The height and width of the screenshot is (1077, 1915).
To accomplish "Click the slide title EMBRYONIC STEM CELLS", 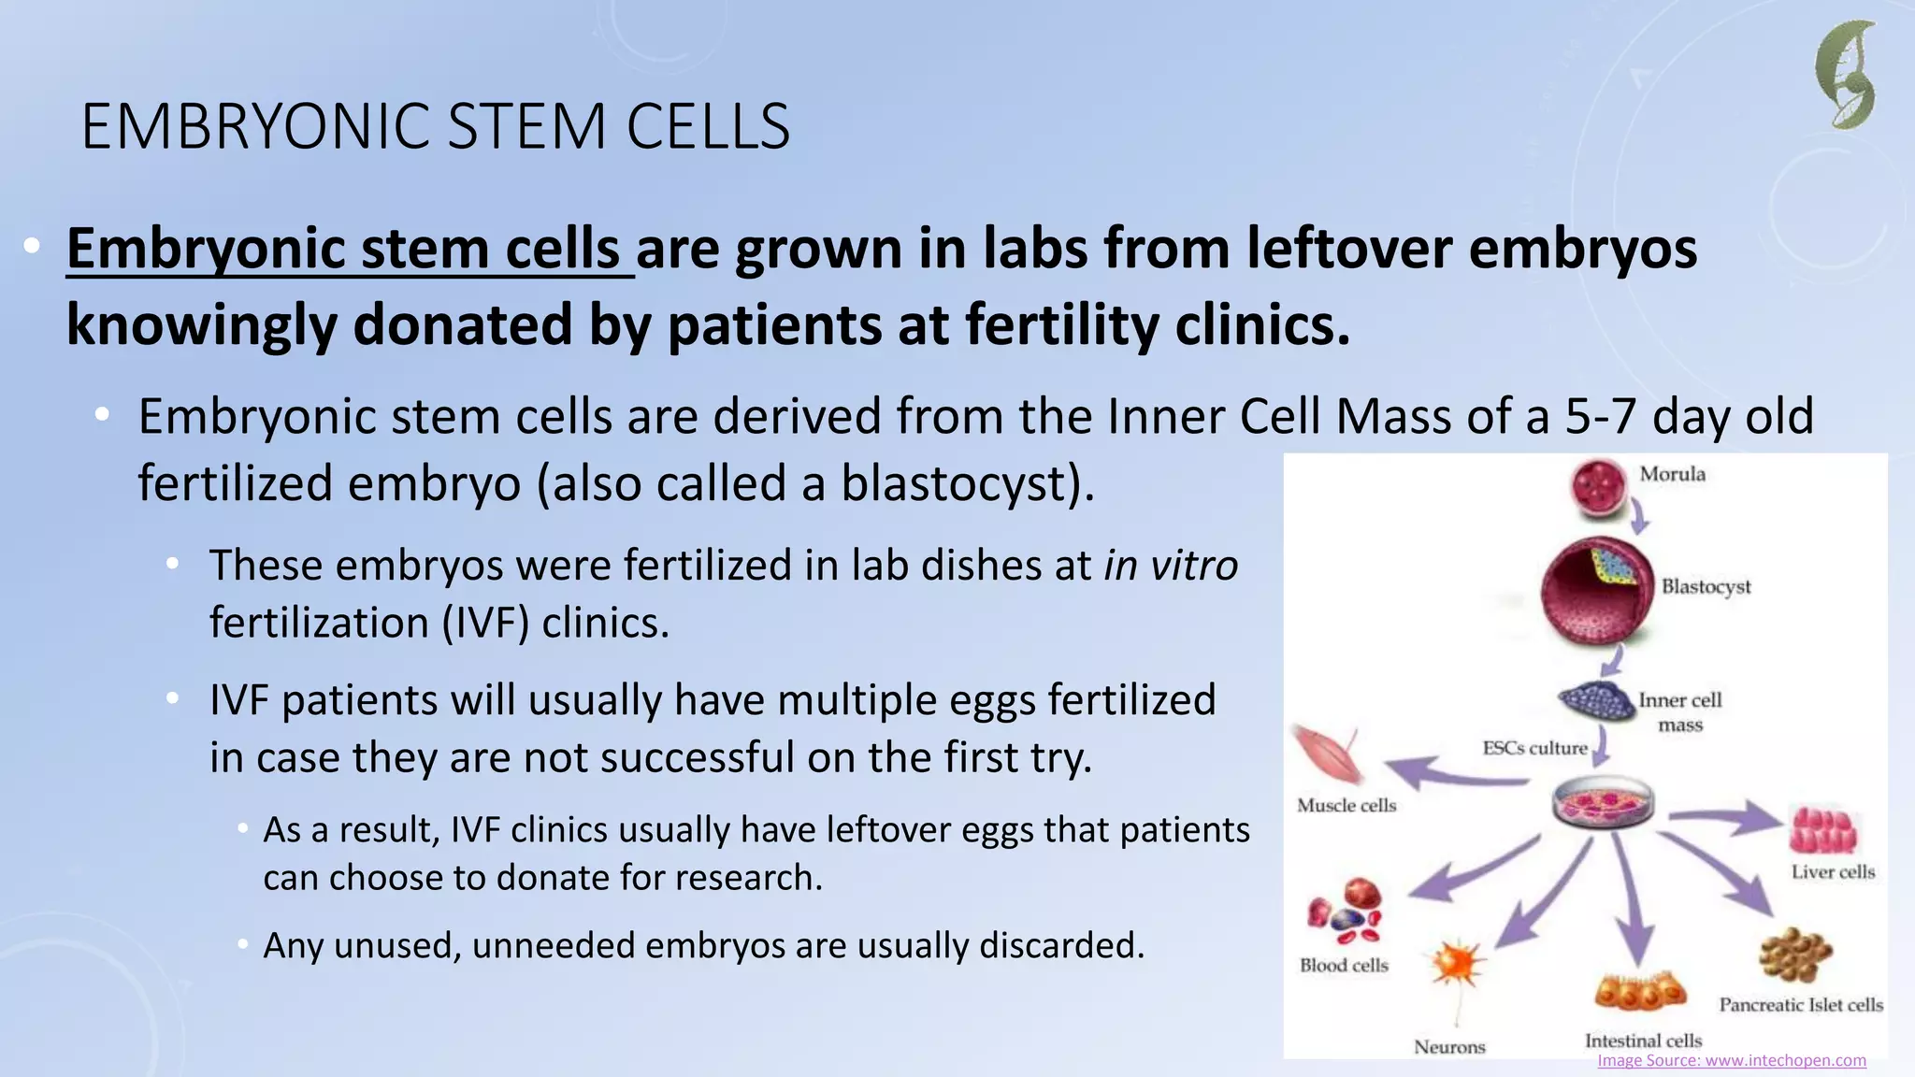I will point(436,126).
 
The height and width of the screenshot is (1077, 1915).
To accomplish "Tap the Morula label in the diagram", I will point(1672,474).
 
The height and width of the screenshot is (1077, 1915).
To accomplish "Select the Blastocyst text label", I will point(1706,587).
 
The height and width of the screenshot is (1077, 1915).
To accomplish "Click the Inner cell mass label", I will point(1679,711).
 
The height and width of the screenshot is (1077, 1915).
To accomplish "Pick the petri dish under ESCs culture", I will point(1603,803).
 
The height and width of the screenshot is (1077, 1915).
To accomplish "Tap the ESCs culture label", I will point(1534,748).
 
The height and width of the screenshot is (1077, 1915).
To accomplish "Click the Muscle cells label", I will point(1346,805).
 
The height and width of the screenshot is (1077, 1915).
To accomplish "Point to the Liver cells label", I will point(1833,871).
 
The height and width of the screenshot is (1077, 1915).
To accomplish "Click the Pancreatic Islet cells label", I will point(1801,1005).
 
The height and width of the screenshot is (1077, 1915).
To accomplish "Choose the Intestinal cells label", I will point(1643,1041).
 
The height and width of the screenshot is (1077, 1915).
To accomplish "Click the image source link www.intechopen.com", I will point(1731,1060).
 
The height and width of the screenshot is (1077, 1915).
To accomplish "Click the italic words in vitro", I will point(1171,566).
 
